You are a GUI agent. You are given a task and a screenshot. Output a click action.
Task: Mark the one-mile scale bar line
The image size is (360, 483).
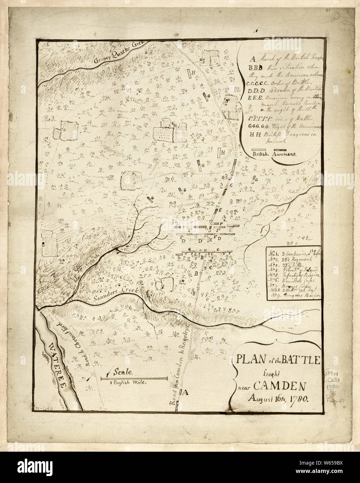click(x=134, y=378)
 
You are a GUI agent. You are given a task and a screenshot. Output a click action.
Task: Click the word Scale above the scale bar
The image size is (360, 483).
click(x=123, y=372)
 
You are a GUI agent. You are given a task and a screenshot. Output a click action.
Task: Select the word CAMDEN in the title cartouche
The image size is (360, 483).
click(x=277, y=386)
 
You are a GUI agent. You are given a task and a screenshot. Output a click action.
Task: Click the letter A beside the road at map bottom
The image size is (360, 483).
click(x=185, y=392)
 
